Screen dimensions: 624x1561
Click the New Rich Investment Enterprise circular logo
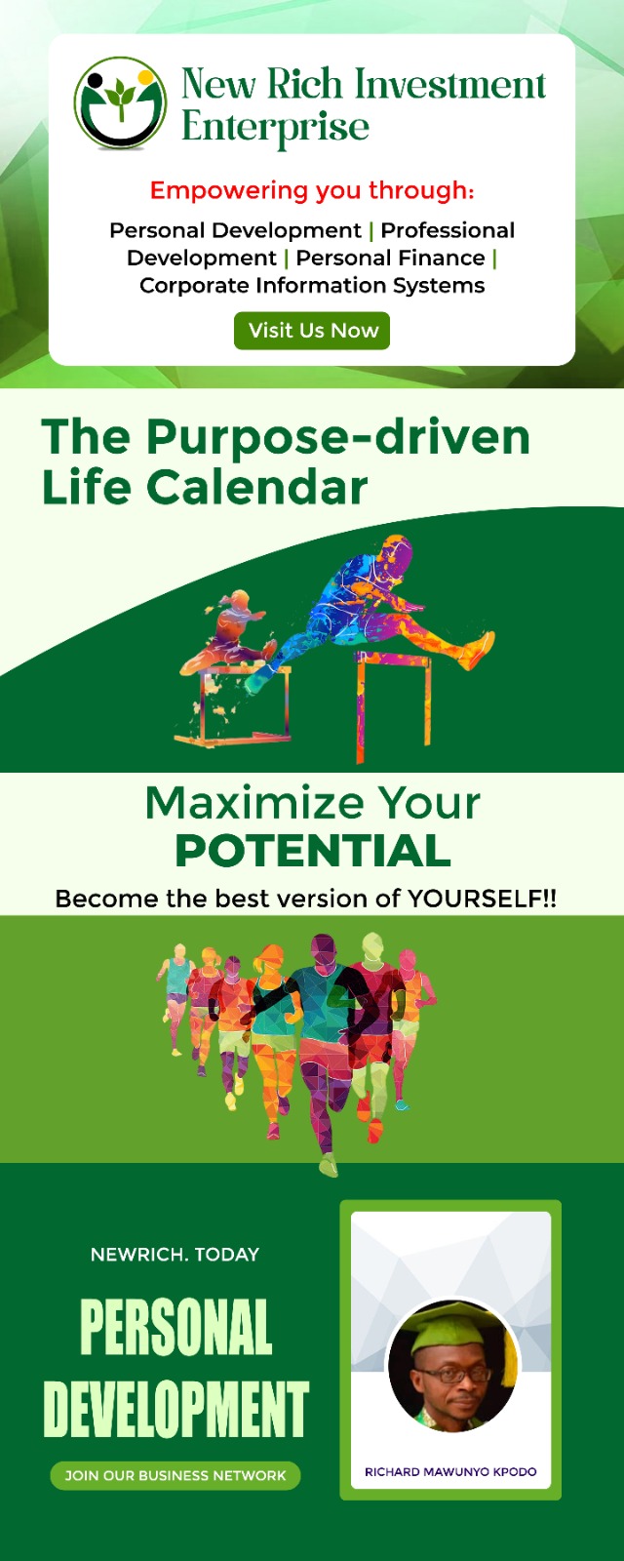[121, 103]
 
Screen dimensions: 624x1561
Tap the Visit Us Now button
[312, 331]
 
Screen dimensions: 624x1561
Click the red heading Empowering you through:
[312, 189]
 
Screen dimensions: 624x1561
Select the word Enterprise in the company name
[275, 128]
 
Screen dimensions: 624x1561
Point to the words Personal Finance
[391, 258]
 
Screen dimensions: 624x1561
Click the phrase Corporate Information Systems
[312, 285]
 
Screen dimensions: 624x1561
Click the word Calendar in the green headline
[256, 487]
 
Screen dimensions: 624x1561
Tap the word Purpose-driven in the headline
[337, 437]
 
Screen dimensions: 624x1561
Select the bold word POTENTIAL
[313, 850]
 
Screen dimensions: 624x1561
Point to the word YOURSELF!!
[482, 899]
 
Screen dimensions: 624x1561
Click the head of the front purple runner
[323, 950]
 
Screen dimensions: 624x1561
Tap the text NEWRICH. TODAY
[175, 1255]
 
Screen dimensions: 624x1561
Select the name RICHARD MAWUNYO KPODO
[450, 1472]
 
